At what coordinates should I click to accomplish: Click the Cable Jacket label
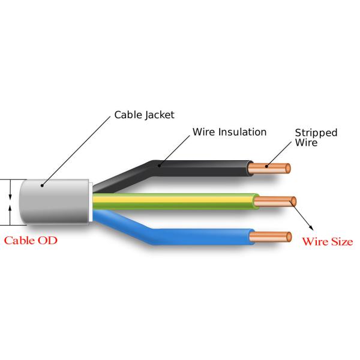click(x=145, y=114)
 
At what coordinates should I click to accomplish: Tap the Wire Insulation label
click(x=229, y=131)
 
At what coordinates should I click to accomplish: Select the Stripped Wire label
click(x=316, y=137)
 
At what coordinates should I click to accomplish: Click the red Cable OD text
click(x=31, y=241)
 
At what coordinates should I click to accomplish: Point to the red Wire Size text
click(x=327, y=242)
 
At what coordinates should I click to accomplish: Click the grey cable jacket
click(x=54, y=202)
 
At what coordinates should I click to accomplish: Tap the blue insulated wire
click(x=198, y=239)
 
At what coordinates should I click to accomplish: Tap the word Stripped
click(x=316, y=133)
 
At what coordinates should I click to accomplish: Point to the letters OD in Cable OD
click(x=50, y=241)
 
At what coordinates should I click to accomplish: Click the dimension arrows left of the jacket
click(x=10, y=202)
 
